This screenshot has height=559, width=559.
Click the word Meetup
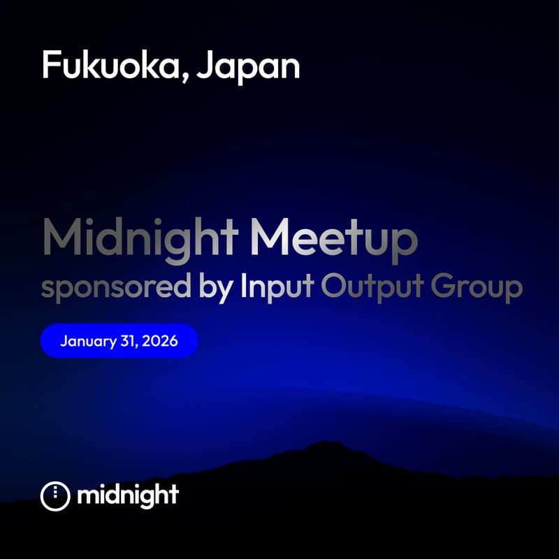(x=334, y=239)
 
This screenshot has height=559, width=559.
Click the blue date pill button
(x=119, y=341)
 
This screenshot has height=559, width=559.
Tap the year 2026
(x=159, y=341)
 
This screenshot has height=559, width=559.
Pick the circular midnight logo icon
(x=56, y=495)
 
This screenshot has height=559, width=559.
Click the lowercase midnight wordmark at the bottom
(x=128, y=495)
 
